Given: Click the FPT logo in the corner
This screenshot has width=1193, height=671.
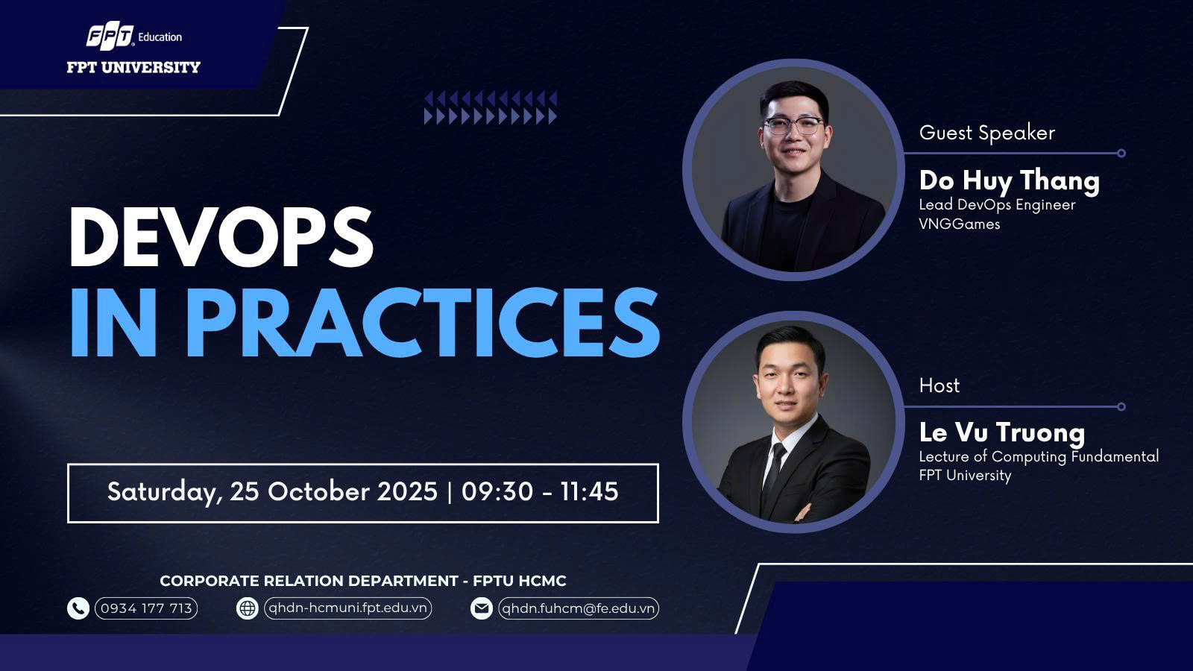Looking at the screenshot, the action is pos(110,37).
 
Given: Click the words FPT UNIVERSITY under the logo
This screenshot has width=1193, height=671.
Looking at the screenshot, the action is pos(133,67).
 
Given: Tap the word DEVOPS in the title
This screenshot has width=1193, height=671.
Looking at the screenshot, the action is pos(221,236).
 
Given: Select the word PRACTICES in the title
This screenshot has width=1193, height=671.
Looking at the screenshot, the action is pos(423,323).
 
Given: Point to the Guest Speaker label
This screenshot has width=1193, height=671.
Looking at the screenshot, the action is pos(987,133).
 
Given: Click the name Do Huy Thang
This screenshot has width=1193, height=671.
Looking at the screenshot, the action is pos(1010,180).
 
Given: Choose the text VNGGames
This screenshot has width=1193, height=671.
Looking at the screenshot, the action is pos(959,224).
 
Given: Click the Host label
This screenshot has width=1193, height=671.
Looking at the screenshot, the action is pos(939,385).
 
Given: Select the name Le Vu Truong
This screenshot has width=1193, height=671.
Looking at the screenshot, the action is pos(1002,432).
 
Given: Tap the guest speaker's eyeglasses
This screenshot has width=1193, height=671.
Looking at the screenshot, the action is pos(794,126).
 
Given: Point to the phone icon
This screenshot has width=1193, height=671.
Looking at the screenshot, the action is pos(78,608).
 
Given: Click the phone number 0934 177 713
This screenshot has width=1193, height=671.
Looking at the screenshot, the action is pos(146,608).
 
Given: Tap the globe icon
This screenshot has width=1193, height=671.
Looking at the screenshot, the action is pos(247,608).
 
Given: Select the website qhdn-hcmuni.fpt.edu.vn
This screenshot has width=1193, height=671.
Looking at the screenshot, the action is pos(347,608).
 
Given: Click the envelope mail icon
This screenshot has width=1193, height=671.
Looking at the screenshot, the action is pos(482,608).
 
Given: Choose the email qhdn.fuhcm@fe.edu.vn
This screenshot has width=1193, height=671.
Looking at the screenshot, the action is pos(579,608).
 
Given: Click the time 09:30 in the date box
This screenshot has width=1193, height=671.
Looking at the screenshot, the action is pos(497,491).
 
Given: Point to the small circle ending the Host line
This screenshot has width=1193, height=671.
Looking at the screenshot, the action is pos(1121,407).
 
